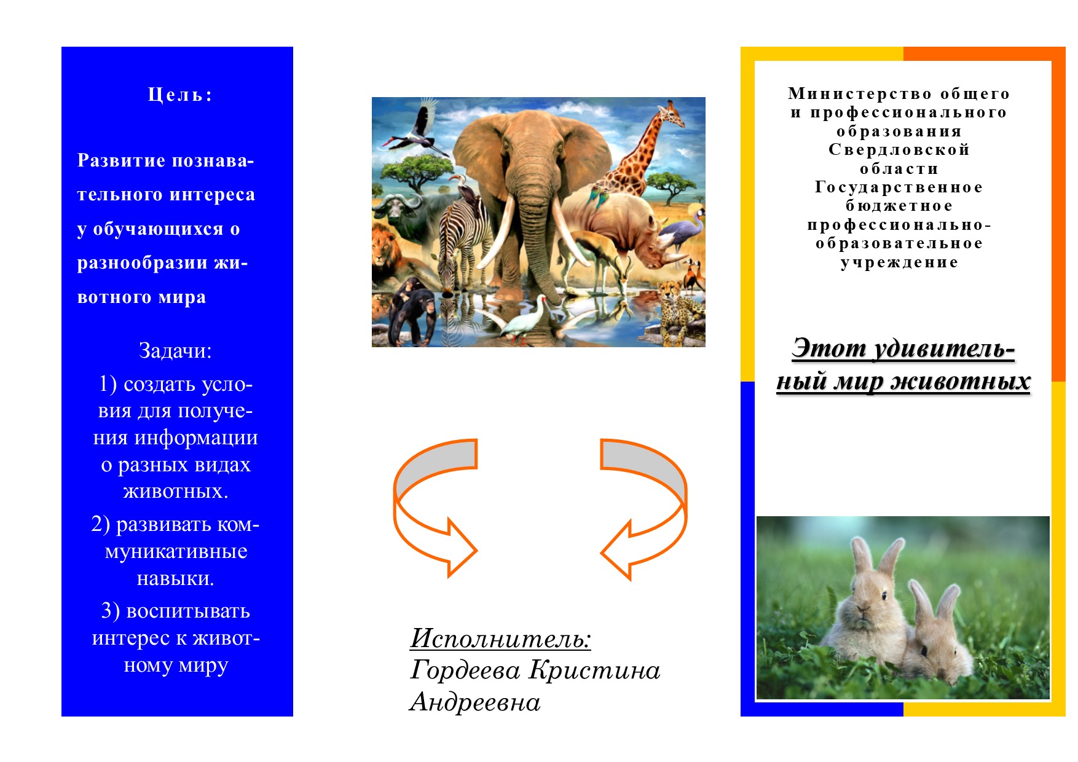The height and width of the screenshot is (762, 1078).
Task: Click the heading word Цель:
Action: (180, 95)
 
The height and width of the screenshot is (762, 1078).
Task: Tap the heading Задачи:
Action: (175, 350)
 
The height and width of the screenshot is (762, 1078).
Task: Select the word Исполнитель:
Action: (500, 638)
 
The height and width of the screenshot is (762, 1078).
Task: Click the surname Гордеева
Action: (465, 670)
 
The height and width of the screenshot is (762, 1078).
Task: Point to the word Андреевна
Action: (475, 702)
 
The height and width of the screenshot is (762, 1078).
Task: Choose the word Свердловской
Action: (899, 149)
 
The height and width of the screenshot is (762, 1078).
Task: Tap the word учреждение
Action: (899, 262)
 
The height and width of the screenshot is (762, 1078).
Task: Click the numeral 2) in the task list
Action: (101, 524)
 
